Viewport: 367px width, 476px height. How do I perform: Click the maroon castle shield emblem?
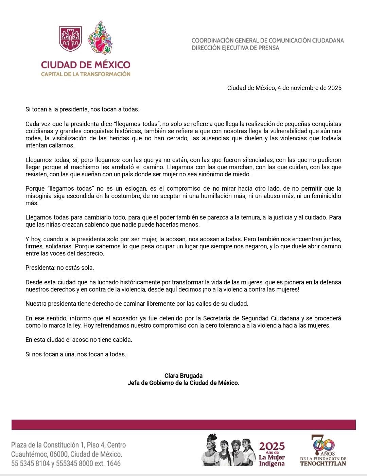click(71, 38)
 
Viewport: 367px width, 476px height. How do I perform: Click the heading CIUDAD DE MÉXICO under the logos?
click(86, 65)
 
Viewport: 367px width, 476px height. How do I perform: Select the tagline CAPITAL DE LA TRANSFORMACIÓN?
click(86, 74)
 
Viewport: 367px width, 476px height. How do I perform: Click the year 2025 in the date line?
click(334, 88)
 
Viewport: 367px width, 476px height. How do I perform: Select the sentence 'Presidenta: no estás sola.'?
click(60, 268)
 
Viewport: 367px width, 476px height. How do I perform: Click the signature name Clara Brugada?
click(183, 376)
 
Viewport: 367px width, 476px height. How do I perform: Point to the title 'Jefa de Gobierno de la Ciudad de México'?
click(183, 383)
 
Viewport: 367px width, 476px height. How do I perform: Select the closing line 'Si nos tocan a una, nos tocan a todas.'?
click(76, 354)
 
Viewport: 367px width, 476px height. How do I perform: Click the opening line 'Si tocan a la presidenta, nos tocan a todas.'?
click(83, 109)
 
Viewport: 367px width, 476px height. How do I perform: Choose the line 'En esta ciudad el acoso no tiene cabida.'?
click(79, 340)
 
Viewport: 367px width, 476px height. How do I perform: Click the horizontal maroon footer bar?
click(183, 425)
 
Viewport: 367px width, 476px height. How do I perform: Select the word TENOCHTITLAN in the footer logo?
click(323, 463)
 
